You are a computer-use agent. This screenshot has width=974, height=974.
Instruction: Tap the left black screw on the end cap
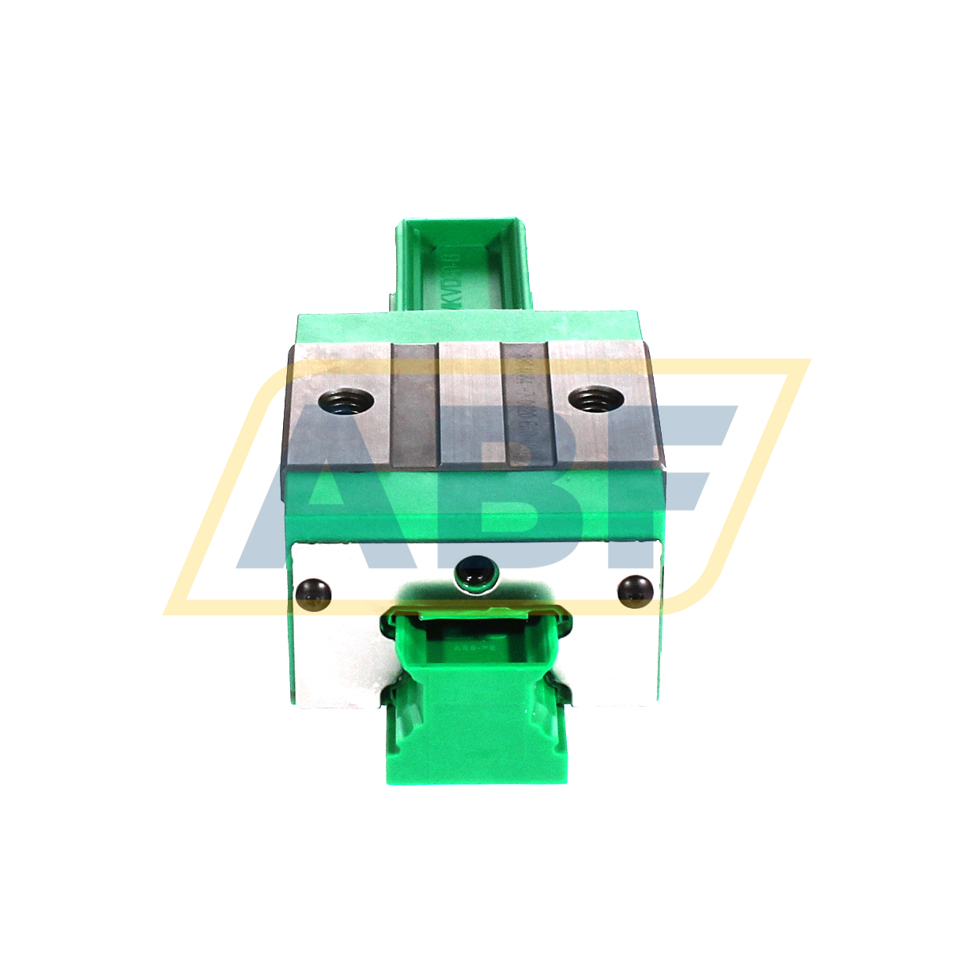(312, 593)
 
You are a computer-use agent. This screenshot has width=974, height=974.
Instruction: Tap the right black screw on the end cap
(635, 590)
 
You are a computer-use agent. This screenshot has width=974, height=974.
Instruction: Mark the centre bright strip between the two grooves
(470, 405)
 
